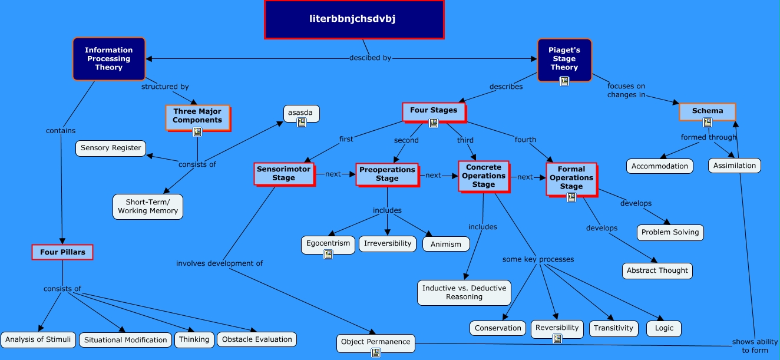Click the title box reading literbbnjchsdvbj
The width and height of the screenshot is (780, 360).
(x=353, y=19)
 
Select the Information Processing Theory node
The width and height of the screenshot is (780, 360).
(x=108, y=59)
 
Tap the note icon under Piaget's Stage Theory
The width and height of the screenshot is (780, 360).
(x=564, y=81)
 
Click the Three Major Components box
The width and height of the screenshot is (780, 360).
(x=197, y=116)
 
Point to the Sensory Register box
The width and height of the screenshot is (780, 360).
(x=111, y=148)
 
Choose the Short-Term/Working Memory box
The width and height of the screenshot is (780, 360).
(x=148, y=206)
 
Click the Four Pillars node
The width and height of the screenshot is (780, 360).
(x=62, y=252)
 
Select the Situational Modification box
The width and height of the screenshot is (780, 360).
(x=125, y=340)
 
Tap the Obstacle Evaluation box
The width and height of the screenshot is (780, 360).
(x=257, y=339)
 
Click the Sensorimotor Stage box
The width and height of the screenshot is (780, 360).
(x=283, y=173)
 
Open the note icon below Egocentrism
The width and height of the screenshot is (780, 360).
(x=328, y=254)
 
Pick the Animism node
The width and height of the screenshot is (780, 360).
(x=446, y=244)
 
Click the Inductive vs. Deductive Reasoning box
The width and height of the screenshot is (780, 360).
(x=464, y=292)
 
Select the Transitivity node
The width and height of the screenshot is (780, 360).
(x=613, y=328)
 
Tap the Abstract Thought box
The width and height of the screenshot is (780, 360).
(x=657, y=270)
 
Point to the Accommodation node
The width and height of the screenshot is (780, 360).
(x=659, y=166)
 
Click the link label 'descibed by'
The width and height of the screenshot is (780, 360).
(x=370, y=58)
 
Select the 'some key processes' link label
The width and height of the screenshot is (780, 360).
(x=538, y=259)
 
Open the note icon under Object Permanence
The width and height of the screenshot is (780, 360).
(x=376, y=352)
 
